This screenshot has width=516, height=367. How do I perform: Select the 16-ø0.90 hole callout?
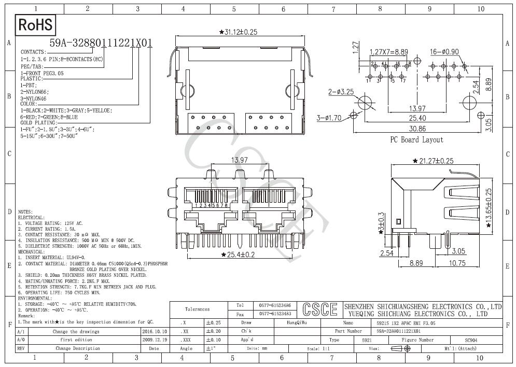pyautogui.click(x=444, y=52)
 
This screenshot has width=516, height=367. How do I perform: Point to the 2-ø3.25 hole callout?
pyautogui.click(x=341, y=92)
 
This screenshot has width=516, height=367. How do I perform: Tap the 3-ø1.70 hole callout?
pyautogui.click(x=329, y=118)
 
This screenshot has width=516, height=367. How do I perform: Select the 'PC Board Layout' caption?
pyautogui.click(x=416, y=139)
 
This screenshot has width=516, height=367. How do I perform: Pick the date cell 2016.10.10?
pyautogui.click(x=154, y=331)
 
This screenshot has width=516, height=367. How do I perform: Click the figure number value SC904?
pyautogui.click(x=471, y=340)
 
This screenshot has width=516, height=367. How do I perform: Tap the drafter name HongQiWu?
pyautogui.click(x=297, y=322)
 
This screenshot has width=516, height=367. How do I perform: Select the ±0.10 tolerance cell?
pyautogui.click(x=213, y=340)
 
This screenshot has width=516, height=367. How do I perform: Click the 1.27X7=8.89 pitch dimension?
pyautogui.click(x=389, y=52)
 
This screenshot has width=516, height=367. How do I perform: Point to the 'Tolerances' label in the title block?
pyautogui.click(x=197, y=309)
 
